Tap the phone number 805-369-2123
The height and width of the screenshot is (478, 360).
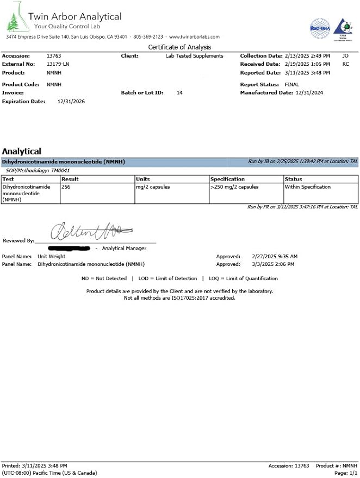148,36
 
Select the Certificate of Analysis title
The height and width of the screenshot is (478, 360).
179,47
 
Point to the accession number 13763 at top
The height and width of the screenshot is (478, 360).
53,56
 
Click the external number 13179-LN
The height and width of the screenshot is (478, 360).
58,64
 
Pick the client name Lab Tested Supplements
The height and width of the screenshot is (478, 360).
194,56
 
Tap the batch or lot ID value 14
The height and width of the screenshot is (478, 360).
179,93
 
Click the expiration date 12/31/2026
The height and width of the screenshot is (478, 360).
71,101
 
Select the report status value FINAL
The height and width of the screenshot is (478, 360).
291,85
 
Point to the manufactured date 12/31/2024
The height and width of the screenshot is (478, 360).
309,93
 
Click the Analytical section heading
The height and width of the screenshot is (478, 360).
22,151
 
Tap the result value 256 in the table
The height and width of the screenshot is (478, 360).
66,187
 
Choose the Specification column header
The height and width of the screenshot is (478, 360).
227,179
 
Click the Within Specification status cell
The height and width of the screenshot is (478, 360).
308,187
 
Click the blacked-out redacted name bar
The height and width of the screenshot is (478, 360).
69,249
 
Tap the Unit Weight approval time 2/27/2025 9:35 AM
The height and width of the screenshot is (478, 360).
275,256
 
